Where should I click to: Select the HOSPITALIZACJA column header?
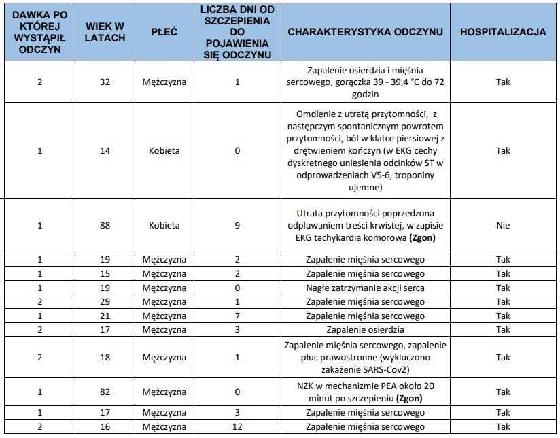[x=503, y=32]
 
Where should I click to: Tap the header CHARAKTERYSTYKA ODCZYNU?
[x=366, y=32]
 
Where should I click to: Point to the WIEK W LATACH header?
[x=105, y=32]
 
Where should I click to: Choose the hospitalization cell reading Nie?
[x=503, y=224]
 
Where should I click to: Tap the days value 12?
[x=237, y=426]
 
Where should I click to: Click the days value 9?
[x=237, y=224]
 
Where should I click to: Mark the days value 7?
[x=237, y=316]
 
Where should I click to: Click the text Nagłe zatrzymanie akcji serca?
[x=366, y=288]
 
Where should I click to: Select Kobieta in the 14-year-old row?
[x=164, y=150]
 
